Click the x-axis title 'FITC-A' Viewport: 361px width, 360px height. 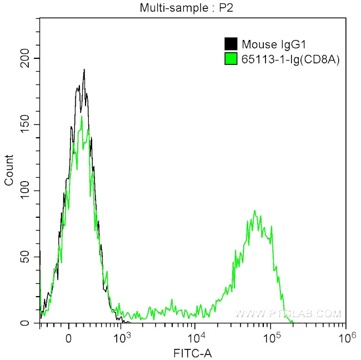193,352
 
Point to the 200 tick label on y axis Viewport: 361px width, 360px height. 27,58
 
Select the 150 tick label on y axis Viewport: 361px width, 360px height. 27,124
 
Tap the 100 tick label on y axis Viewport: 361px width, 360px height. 27,191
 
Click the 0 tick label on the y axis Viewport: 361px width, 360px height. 31,323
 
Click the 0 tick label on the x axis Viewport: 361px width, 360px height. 69,337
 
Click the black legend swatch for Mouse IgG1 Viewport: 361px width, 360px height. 230,44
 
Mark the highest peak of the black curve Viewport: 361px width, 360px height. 84,70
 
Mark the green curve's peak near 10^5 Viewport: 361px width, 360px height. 254,211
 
